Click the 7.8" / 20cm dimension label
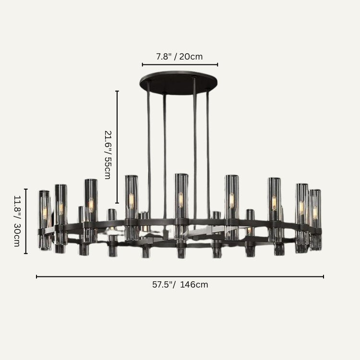point(180,57)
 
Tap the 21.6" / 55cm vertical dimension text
point(108,155)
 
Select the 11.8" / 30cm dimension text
point(17,221)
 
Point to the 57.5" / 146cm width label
point(180,285)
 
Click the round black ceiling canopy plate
point(179,83)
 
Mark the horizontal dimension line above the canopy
point(180,65)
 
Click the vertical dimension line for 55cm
point(117,147)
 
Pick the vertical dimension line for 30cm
point(26,221)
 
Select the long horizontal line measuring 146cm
point(180,276)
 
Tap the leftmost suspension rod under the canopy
point(149,149)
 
